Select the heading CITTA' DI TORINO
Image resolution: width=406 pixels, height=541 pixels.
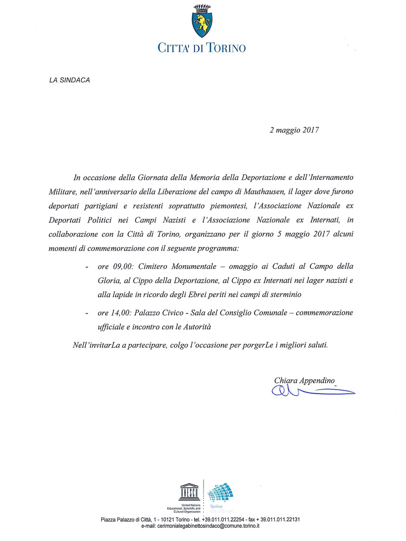click(202, 48)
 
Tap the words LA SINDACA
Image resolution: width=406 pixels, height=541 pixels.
click(69, 80)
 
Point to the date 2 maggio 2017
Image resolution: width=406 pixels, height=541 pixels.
click(294, 130)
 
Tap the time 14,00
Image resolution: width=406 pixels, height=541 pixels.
click(121, 313)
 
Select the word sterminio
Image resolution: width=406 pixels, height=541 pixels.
click(286, 294)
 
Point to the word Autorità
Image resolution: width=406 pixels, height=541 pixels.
click(197, 327)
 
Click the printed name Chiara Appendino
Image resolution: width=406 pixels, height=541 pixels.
click(304, 380)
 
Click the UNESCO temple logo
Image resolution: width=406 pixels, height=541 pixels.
click(190, 492)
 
